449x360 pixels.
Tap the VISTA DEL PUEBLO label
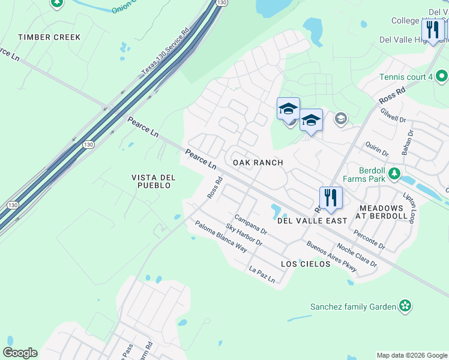pos(152,181)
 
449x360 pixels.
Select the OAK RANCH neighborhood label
pos(258,163)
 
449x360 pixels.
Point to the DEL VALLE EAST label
pos(312,221)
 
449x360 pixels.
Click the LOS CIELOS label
pos(306,264)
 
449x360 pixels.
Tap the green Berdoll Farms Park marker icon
pos(394,174)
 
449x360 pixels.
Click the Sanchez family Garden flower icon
pos(406,307)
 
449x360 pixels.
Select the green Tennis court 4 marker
pos(442,77)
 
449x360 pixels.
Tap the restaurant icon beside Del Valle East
pos(330,197)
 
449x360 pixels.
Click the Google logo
pos(20,353)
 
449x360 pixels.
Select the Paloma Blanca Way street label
pos(220,236)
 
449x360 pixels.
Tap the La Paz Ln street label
pos(262,275)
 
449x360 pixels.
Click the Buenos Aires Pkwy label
pos(331,256)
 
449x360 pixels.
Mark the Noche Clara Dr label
pos(357,255)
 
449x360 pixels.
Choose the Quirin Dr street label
pos(378,148)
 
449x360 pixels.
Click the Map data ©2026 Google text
pos(411,355)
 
